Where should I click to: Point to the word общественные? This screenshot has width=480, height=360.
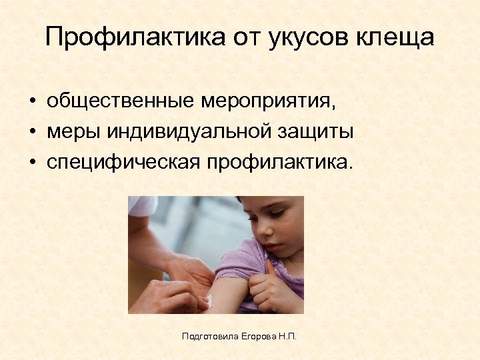[x=120, y=101]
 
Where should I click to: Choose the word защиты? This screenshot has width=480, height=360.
[x=317, y=132]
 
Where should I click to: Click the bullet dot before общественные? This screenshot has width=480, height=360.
[x=32, y=102]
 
